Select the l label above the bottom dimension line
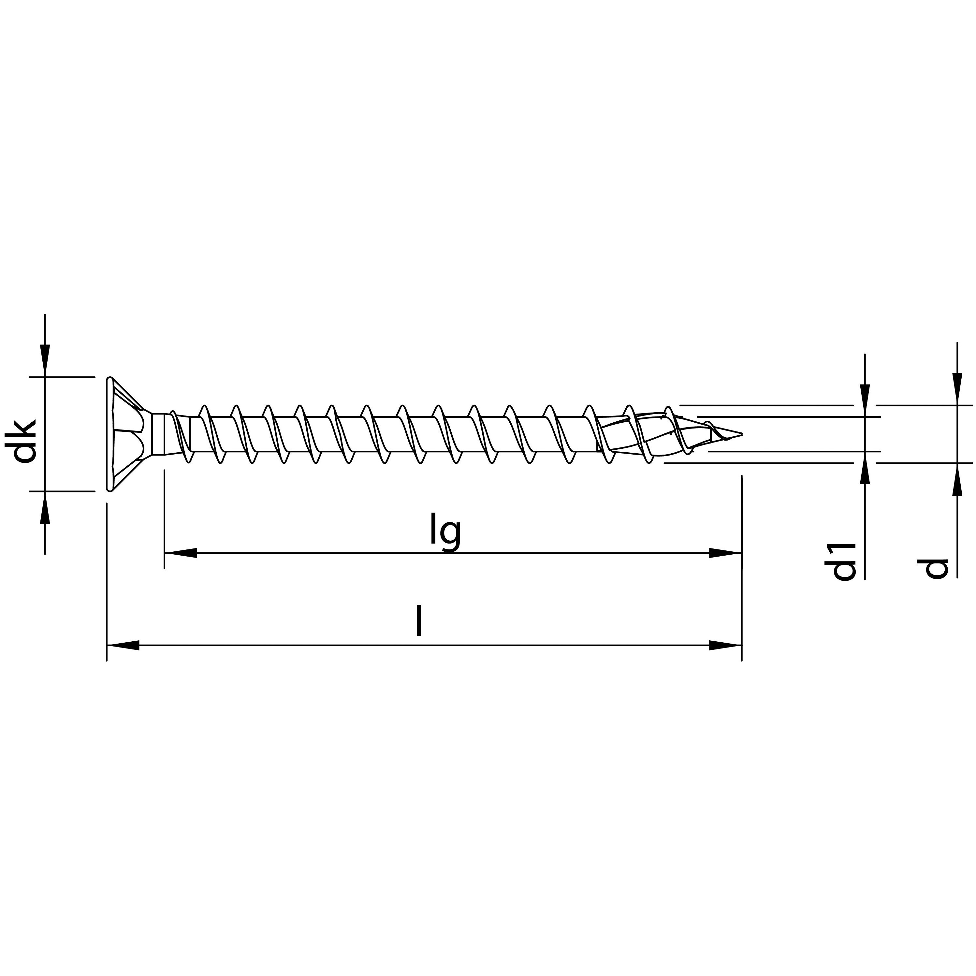pyautogui.click(x=418, y=621)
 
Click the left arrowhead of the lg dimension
pyautogui.click(x=180, y=553)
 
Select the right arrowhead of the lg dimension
pyautogui.click(x=725, y=553)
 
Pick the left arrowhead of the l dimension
pyautogui.click(x=123, y=645)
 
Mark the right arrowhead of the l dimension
pyautogui.click(x=725, y=645)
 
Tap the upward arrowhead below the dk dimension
pyautogui.click(x=45, y=507)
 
